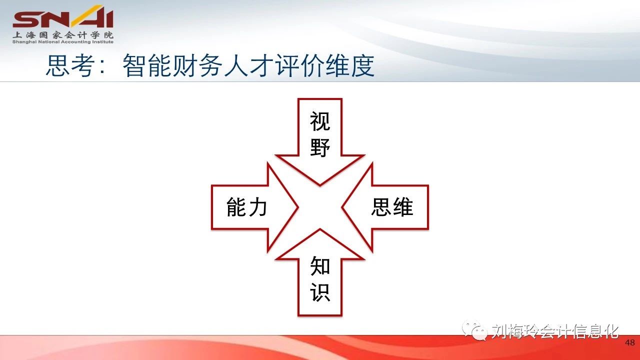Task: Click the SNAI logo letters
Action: coord(63,16)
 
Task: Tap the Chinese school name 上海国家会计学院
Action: coord(63,35)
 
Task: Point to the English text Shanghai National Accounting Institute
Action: coord(63,42)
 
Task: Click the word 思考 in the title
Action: coord(70,65)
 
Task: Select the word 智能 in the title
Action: coord(147,65)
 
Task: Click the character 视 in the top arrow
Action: coord(320,121)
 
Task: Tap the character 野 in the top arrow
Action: coord(320,147)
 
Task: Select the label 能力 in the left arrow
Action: coord(247,207)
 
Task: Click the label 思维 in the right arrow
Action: coord(392,207)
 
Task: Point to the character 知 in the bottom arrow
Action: coord(320,265)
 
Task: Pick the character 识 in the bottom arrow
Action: coord(320,292)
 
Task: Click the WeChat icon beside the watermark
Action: coord(475,330)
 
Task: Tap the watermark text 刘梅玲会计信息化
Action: coord(555,331)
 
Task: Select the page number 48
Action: coord(630,342)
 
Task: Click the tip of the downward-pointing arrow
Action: coord(320,185)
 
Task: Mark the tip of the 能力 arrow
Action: coord(298,207)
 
